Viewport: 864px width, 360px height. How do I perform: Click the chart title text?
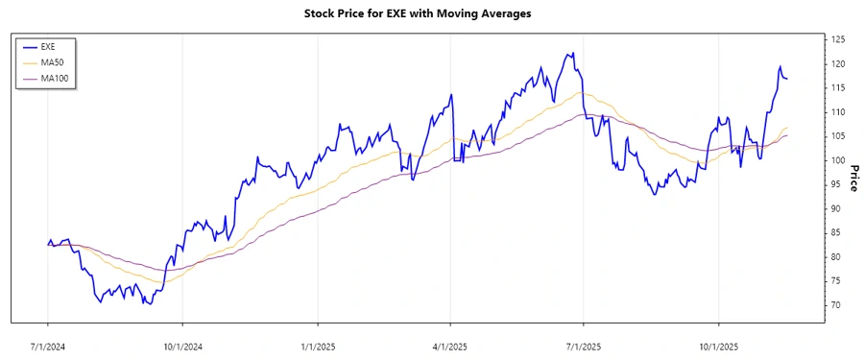point(417,13)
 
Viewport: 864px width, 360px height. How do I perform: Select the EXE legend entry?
point(48,46)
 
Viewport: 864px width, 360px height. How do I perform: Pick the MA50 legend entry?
point(52,61)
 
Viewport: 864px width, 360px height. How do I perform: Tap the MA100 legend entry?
point(54,78)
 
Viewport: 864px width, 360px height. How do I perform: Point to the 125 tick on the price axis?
point(838,39)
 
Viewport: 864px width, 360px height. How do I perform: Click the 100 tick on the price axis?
point(838,160)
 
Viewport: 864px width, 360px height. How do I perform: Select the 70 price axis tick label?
point(836,305)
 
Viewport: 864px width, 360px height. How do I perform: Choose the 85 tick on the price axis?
point(836,232)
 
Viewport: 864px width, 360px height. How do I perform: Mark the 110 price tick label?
point(838,112)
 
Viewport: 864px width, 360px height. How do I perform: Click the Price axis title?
point(853,178)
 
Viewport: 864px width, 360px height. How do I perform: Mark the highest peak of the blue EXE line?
point(572,54)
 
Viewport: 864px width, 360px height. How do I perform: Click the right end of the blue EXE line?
point(788,79)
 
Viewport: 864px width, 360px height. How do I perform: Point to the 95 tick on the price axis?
point(836,184)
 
